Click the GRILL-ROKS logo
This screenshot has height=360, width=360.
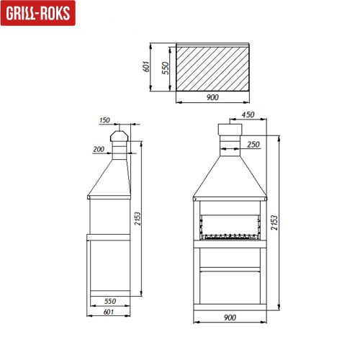coord(37,14)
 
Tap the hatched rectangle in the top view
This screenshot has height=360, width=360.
coord(212,69)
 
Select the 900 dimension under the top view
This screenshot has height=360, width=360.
coord(212,98)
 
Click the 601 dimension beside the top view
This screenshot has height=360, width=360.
coord(146,66)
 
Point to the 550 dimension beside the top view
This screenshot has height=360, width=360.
coord(164,68)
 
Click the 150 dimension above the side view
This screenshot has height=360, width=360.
coord(105,120)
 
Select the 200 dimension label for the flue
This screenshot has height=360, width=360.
coord(98,149)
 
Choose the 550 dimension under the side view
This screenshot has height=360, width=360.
coord(110,301)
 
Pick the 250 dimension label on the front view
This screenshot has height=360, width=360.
coord(253,145)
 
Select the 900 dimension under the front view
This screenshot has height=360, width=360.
coord(230,318)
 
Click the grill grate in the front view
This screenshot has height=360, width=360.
coord(230,235)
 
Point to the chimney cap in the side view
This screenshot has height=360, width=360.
coord(119,137)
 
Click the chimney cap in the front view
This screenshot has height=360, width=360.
coord(230,132)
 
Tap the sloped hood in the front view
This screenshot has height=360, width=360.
coord(230,177)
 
